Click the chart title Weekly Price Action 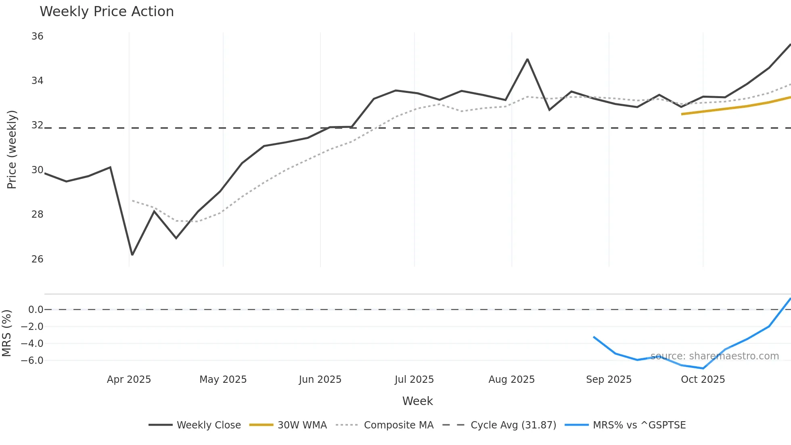107,12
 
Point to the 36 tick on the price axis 37,36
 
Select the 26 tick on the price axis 37,259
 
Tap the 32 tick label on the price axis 37,125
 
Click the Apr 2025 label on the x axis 129,380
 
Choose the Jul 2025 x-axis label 414,380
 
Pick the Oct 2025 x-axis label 703,380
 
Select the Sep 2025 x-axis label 609,380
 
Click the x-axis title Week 417,401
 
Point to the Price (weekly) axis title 12,149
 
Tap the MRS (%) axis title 6,333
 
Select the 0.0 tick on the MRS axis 36,310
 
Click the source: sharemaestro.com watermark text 714,356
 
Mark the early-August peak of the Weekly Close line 527,59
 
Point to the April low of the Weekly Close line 132,255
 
